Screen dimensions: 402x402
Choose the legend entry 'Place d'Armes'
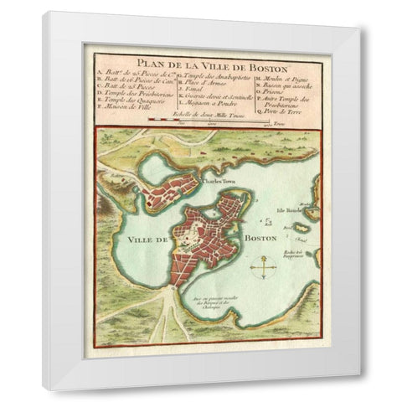pyautogui.click(x=196, y=84)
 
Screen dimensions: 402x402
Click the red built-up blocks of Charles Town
pyautogui.click(x=172, y=191)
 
